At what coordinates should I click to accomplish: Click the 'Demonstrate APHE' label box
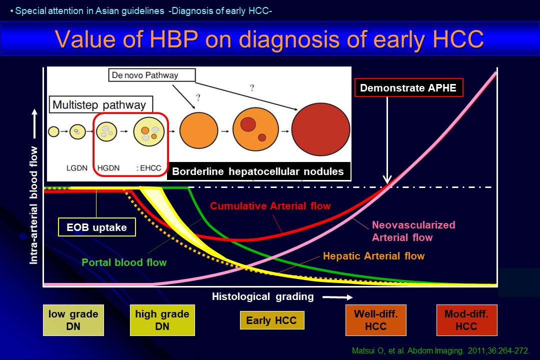[x=409, y=88]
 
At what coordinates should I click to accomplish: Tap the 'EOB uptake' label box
[x=97, y=227]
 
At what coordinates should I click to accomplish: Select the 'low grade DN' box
[x=73, y=320]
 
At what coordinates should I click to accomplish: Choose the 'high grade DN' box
[x=162, y=320]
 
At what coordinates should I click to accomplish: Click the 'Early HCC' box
[x=271, y=320]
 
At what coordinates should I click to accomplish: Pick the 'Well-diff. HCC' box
[x=375, y=320]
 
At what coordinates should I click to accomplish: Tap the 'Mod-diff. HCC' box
[x=466, y=320]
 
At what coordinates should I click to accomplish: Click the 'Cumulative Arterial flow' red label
[x=270, y=206]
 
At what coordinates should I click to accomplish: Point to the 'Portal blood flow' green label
[x=124, y=262]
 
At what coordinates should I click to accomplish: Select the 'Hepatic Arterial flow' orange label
[x=373, y=256]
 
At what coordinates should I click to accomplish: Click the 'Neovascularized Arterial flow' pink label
[x=413, y=231]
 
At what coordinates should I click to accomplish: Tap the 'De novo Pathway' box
[x=152, y=75]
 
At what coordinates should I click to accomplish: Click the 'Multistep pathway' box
[x=101, y=104]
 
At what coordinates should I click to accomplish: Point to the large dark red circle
[x=320, y=129]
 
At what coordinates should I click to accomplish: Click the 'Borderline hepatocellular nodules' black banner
[x=258, y=171]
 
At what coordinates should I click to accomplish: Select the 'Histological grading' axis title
[x=263, y=296]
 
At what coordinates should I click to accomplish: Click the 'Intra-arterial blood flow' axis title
[x=33, y=205]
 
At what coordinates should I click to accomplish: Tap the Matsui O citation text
[x=440, y=350]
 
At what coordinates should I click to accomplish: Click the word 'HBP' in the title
[x=174, y=39]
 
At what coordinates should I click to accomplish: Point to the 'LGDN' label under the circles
[x=77, y=168]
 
